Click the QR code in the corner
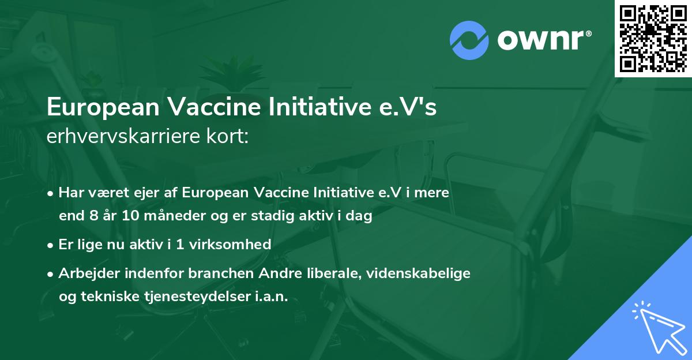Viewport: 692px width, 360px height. tap(653, 38)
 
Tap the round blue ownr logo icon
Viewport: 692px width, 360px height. tap(469, 40)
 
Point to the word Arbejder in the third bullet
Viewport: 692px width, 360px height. tap(84, 273)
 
